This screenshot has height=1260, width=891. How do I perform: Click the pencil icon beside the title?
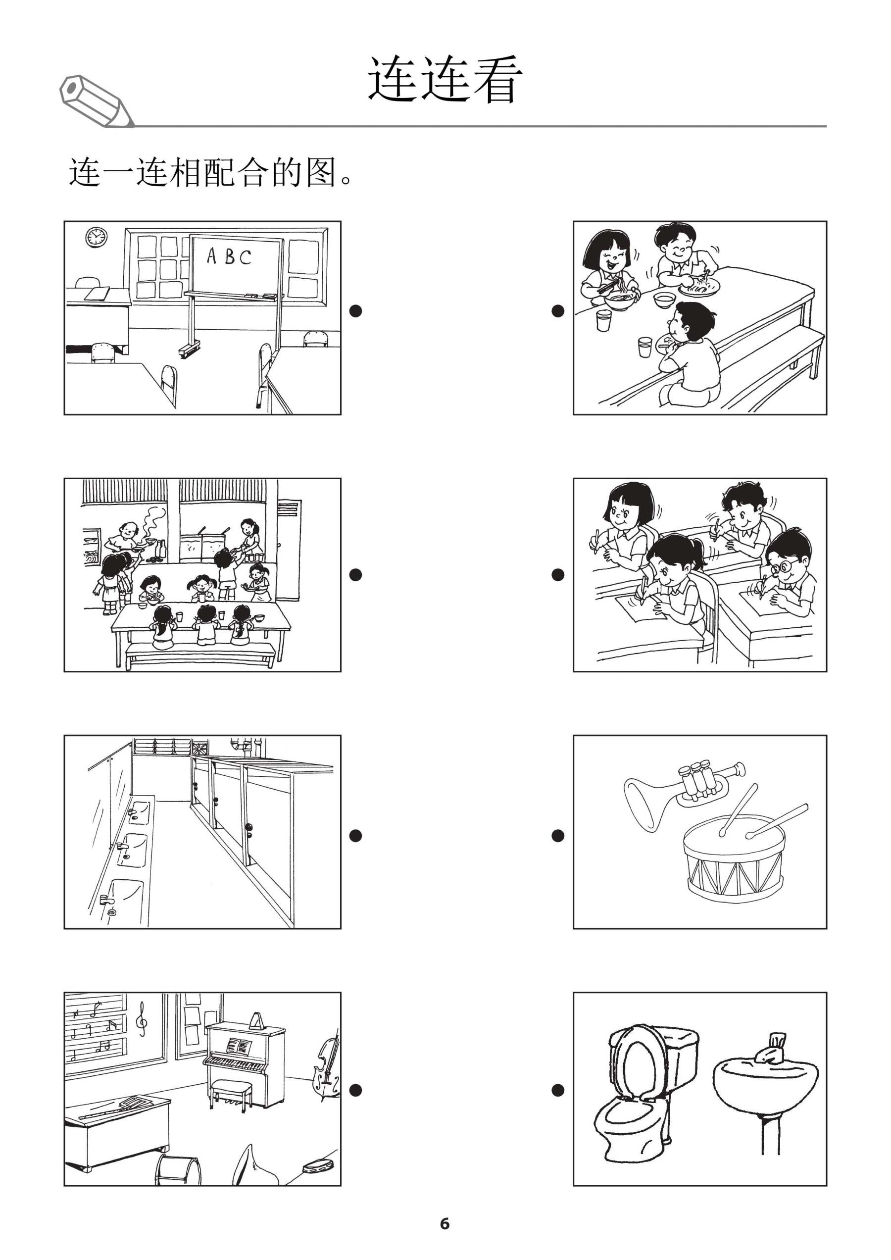point(96,102)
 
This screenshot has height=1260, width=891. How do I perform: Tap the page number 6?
point(445,1223)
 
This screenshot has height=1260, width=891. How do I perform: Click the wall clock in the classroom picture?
point(96,237)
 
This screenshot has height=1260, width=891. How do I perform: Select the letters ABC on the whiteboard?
point(229,257)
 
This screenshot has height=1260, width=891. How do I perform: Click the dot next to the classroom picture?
point(355,310)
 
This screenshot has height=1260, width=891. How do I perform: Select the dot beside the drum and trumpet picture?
point(557,835)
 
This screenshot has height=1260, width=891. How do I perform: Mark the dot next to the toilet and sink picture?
point(557,1090)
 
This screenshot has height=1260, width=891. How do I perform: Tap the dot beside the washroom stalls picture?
point(355,835)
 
